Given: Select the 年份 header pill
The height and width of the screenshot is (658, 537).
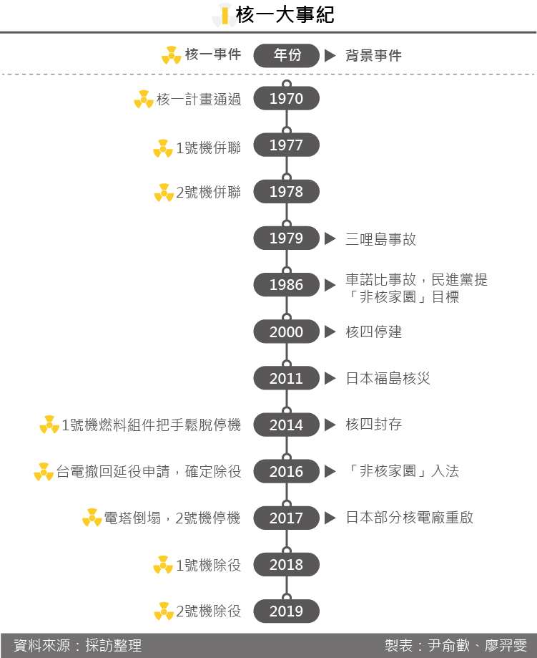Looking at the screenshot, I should (x=286, y=55).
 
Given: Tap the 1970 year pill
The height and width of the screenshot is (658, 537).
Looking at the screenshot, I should (x=286, y=99).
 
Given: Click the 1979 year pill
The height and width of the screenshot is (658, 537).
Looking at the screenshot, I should (x=286, y=238).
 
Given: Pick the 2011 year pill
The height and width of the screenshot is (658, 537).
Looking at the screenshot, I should (x=286, y=378).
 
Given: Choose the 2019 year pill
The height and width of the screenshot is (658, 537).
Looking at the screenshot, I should (x=286, y=611).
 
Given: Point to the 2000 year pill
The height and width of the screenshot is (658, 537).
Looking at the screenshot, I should (x=286, y=332).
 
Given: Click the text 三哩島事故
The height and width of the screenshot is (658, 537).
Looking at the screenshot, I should (x=380, y=238).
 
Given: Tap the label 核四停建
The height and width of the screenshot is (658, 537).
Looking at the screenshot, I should (x=373, y=332).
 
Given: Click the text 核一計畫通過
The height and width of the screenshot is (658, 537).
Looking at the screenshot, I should (x=199, y=99).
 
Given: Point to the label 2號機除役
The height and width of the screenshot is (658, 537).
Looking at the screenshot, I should (x=208, y=611).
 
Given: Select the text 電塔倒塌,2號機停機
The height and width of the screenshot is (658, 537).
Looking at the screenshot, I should (x=172, y=518).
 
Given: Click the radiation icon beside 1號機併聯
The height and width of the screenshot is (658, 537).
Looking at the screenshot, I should (x=163, y=148).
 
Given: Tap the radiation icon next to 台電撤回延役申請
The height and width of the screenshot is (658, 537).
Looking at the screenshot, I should (x=44, y=472).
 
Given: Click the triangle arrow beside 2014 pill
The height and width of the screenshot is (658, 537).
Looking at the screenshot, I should (x=330, y=425).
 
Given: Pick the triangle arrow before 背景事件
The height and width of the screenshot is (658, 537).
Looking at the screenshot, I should (x=330, y=55).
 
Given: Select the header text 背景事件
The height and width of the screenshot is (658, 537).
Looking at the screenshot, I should (x=373, y=55).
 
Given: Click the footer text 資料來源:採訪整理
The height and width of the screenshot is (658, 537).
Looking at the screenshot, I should (x=78, y=645).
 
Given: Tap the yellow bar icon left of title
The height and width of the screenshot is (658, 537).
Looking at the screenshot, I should (x=225, y=14).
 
